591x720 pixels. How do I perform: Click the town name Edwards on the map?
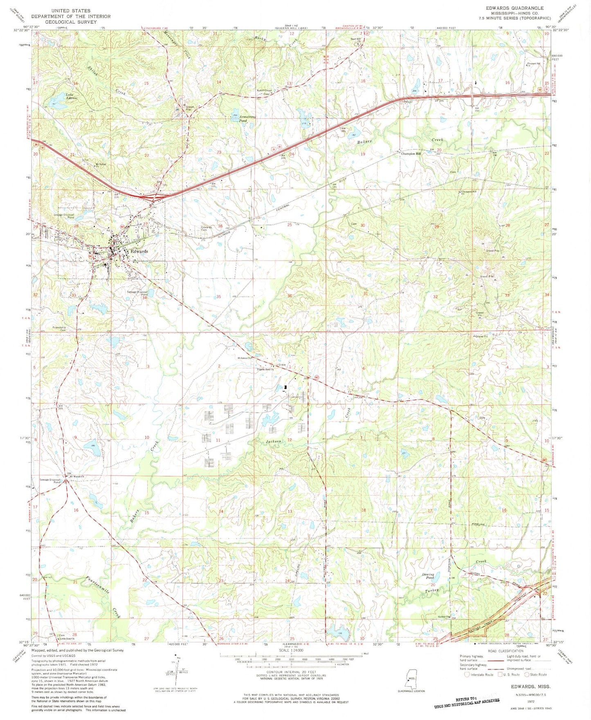[139, 251]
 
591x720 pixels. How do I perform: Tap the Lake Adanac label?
[72, 97]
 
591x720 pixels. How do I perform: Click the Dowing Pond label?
[428, 576]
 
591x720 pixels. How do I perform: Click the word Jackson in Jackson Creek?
[274, 441]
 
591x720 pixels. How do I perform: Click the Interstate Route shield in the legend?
[467, 675]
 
